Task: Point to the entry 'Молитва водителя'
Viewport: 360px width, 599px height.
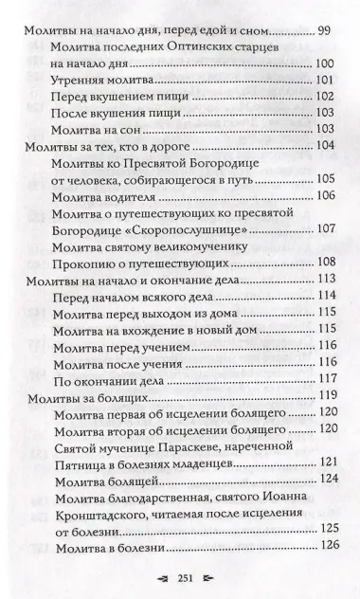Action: [x=104, y=195]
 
